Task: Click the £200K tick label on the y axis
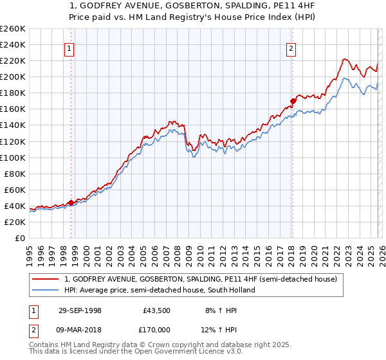click(x=13, y=76)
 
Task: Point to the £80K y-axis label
click(x=15, y=174)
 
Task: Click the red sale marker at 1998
click(x=71, y=203)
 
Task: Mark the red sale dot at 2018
click(x=293, y=100)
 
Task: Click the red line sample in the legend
click(x=46, y=280)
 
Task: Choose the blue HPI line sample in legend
click(x=46, y=290)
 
